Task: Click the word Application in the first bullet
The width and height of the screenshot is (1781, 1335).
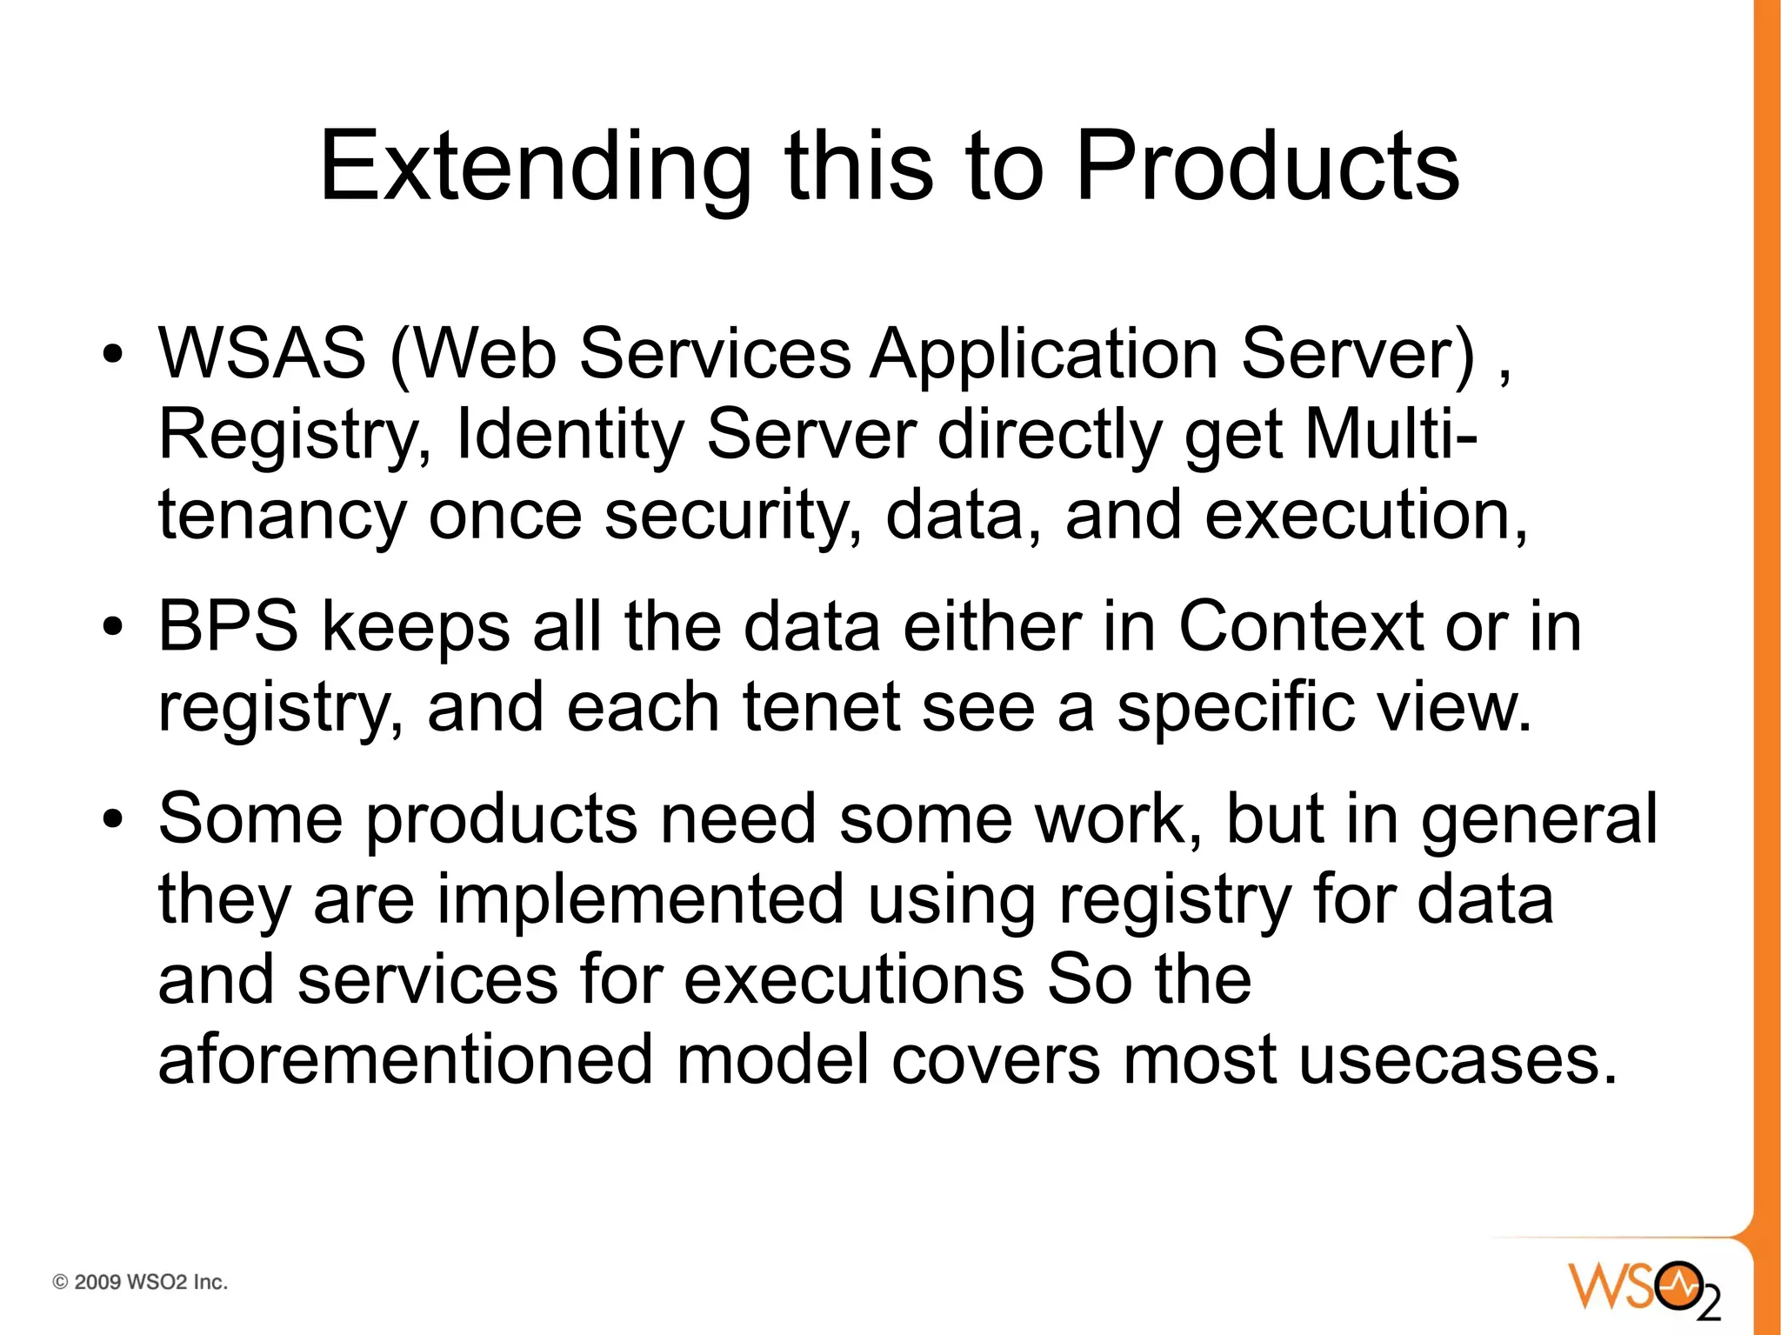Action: pyautogui.click(x=1044, y=355)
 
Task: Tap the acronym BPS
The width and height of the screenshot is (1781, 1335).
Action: pyautogui.click(x=228, y=626)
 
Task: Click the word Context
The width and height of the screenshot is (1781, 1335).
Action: pyautogui.click(x=1301, y=626)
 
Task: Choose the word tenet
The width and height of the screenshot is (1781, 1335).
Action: pyautogui.click(x=822, y=707)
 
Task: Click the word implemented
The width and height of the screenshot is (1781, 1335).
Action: pyautogui.click(x=640, y=899)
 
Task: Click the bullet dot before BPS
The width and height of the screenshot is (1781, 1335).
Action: pyautogui.click(x=111, y=627)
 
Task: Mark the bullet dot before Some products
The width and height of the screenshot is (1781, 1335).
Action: pyautogui.click(x=111, y=819)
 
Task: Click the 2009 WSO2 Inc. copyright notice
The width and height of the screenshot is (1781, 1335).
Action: pyautogui.click(x=140, y=1282)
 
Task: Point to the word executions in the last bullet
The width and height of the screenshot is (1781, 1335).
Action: pyautogui.click(x=854, y=980)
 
